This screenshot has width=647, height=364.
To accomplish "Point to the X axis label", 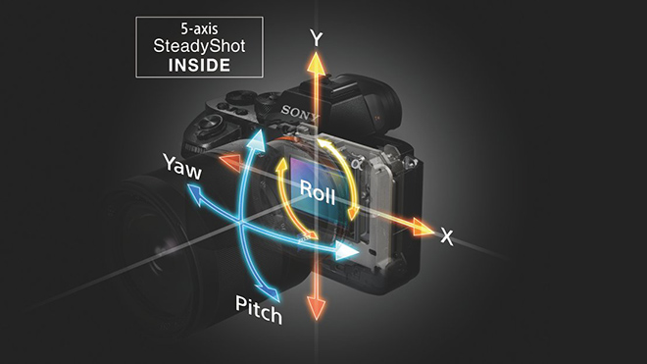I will point(447,236).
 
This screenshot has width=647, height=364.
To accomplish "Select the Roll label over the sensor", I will point(318,192).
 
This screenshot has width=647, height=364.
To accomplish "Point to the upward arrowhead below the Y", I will point(316,65).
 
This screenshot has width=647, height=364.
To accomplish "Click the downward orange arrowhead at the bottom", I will point(316,306).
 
